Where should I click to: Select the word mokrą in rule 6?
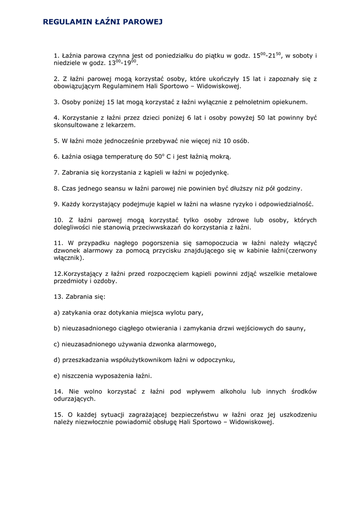click(219, 157)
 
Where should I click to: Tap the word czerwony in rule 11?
click(299, 251)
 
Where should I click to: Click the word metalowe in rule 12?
click(300, 274)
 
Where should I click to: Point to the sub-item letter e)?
click(57, 376)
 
